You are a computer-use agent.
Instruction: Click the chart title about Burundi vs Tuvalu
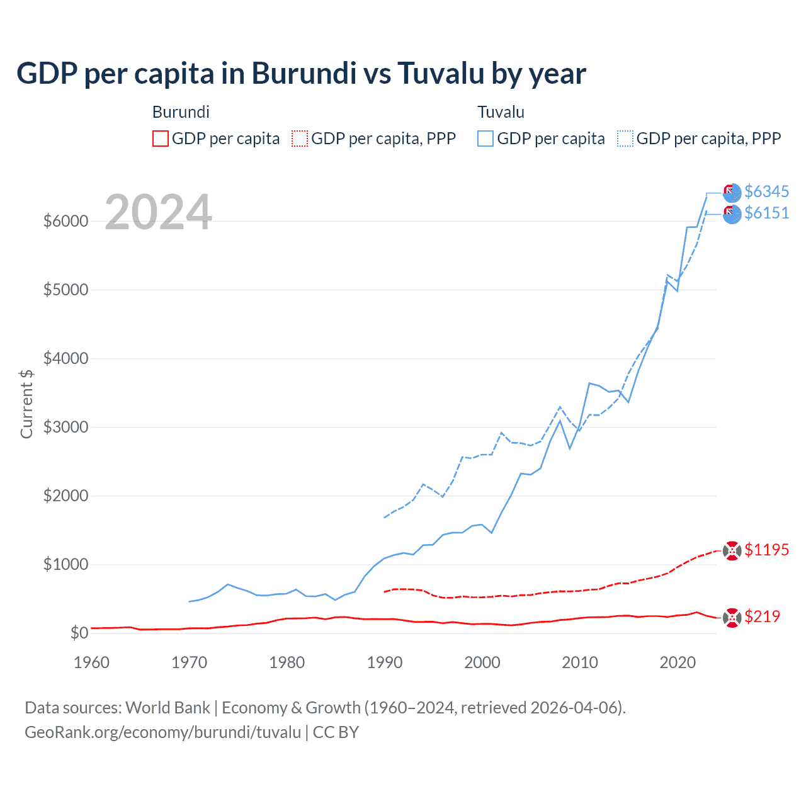coord(301,74)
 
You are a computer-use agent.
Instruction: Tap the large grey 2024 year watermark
coord(158,213)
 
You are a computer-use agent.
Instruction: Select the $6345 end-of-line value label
coord(766,191)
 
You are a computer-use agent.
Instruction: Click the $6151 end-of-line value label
coord(766,213)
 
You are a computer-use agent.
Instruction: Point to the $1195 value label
coord(766,550)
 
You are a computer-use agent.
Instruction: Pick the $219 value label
coord(762,616)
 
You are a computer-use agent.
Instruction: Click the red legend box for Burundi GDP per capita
coord(161,139)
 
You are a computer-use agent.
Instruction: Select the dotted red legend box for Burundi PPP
coord(300,139)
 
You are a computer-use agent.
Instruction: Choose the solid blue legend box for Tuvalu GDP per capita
coord(485,139)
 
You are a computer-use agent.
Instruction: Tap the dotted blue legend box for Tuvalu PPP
coord(625,139)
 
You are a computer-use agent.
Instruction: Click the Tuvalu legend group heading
coord(501,112)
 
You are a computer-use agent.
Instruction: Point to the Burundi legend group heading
coord(181,112)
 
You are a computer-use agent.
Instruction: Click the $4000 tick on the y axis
coord(65,358)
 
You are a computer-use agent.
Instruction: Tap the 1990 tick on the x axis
coord(384,662)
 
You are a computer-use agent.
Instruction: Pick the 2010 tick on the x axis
coord(579,662)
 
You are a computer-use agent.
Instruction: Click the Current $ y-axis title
coord(26,404)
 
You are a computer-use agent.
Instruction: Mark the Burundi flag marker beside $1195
coord(732,551)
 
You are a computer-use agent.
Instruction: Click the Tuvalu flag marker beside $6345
coord(732,192)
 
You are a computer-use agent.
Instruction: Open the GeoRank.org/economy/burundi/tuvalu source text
coord(162,732)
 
